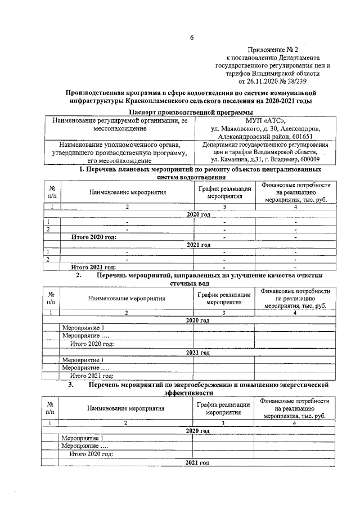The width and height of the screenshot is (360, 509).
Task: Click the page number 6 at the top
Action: [x=191, y=38]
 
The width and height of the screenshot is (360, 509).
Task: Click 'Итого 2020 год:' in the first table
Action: [x=94, y=237]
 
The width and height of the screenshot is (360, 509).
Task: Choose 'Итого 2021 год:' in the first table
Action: [x=94, y=267]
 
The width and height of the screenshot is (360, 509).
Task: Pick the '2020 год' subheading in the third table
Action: [x=197, y=430]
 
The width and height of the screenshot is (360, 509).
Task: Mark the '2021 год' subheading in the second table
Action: [x=197, y=352]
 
